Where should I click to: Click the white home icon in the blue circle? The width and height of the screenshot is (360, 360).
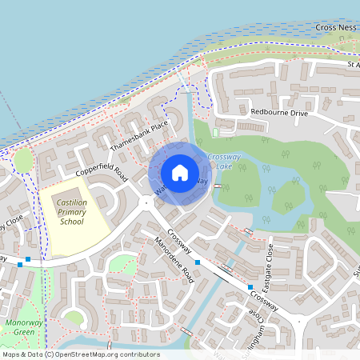(x=180, y=173)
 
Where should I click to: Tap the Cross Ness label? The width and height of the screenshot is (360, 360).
(x=337, y=27)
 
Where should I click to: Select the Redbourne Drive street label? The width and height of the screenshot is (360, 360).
(x=278, y=113)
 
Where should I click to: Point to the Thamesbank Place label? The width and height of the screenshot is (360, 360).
(x=139, y=136)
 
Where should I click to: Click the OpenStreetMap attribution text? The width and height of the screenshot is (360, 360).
(x=81, y=354)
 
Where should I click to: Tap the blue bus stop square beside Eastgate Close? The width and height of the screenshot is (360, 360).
(x=250, y=286)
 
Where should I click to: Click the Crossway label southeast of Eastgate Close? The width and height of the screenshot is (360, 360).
(x=263, y=301)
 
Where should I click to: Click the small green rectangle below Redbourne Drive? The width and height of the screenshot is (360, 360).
(x=215, y=132)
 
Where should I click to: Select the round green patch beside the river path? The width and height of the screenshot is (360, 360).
(x=24, y=161)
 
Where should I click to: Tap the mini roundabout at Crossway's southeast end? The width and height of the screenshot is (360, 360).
(x=301, y=319)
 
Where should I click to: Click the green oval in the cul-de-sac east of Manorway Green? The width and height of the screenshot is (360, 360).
(x=74, y=318)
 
